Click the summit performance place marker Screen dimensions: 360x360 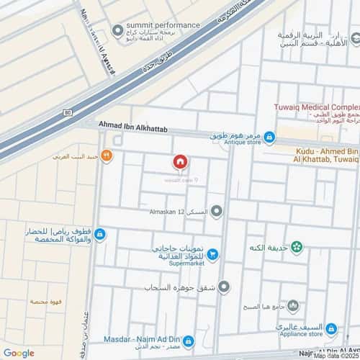(x=117, y=30)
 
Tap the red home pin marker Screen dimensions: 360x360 (x=180, y=162)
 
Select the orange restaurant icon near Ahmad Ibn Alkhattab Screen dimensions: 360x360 (x=107, y=154)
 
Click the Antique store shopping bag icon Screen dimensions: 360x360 (x=269, y=137)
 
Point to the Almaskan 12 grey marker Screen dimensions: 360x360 (x=217, y=211)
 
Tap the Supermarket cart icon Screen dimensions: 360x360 (x=213, y=254)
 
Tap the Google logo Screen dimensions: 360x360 (x=18, y=353)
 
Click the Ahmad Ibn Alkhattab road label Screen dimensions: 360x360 (x=137, y=125)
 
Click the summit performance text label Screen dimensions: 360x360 (x=163, y=26)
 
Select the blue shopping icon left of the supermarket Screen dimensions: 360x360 (x=99, y=234)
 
